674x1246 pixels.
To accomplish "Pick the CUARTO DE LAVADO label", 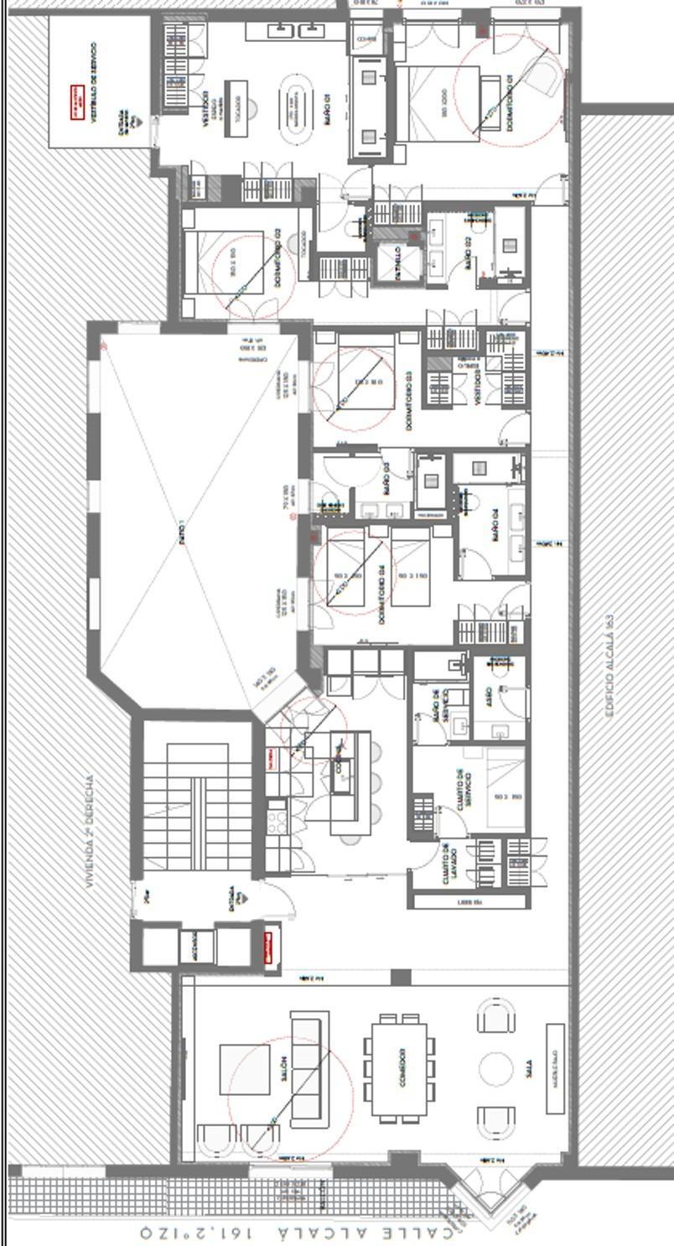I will tap(449, 864).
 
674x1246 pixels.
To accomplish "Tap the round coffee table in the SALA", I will tap(495, 1069).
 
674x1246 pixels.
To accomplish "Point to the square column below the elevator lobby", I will tap(401, 978).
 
